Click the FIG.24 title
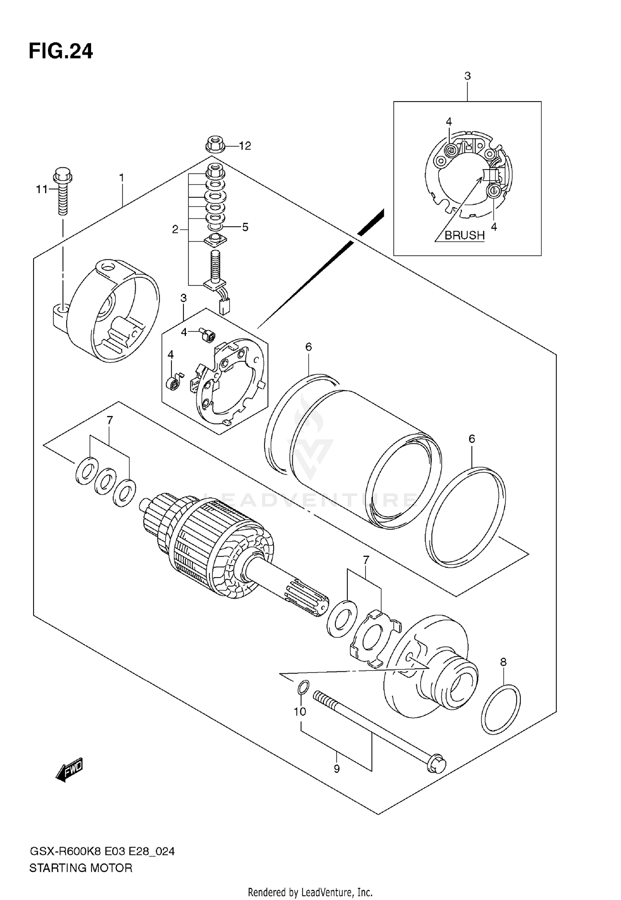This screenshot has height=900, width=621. point(61,52)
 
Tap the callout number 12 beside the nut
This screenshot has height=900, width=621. point(245,146)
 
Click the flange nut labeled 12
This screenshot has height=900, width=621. point(214,145)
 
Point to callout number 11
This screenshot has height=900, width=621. point(42,189)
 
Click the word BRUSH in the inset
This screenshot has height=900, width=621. point(464,235)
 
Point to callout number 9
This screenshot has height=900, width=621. point(337,769)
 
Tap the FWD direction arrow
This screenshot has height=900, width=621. point(70,770)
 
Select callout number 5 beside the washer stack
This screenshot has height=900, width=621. point(245,227)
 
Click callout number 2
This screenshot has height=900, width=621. point(175,229)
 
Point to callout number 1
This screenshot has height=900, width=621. point(122,178)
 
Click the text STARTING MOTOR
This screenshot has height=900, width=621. point(81,868)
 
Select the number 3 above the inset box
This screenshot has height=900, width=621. point(467,76)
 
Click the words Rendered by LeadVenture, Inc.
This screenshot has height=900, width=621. point(310,892)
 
